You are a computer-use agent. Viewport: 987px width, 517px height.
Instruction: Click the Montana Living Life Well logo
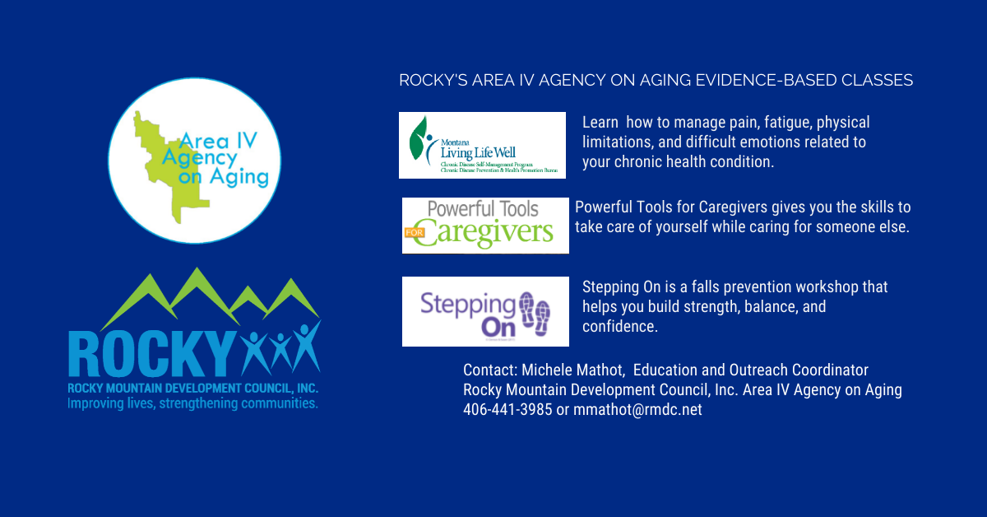pyautogui.click(x=482, y=145)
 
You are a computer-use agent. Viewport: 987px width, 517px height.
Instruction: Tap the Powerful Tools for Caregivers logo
pyautogui.click(x=485, y=225)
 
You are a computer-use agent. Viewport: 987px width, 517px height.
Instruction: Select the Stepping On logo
pyautogui.click(x=485, y=311)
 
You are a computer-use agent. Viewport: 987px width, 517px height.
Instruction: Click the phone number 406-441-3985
pyautogui.click(x=507, y=409)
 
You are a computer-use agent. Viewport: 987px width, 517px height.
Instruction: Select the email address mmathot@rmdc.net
pyautogui.click(x=637, y=409)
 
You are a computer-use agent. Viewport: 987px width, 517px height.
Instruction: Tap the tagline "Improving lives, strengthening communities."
pyautogui.click(x=192, y=404)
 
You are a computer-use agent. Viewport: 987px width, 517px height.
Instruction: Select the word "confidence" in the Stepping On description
pyautogui.click(x=619, y=327)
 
